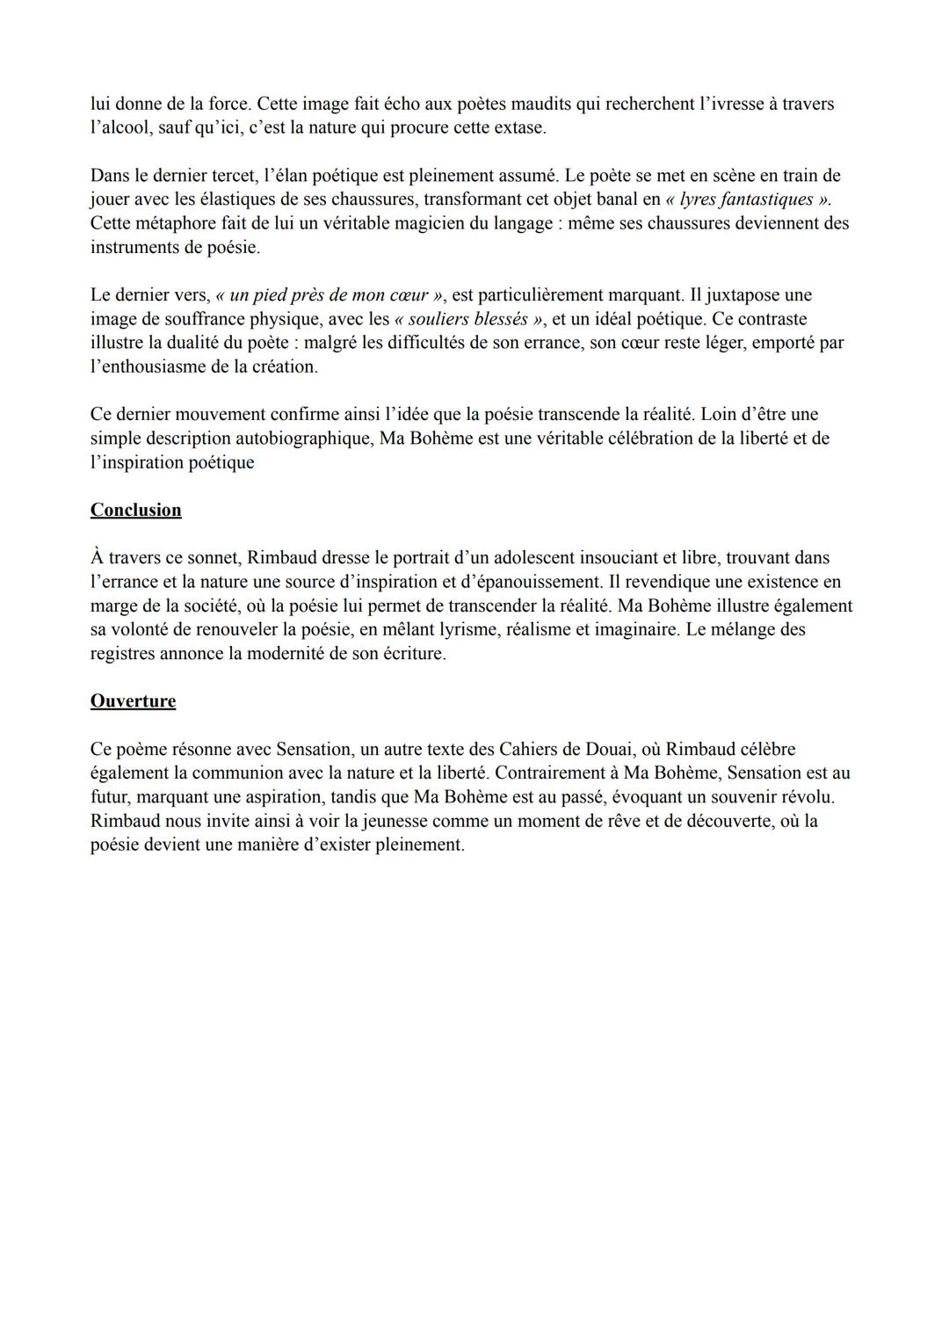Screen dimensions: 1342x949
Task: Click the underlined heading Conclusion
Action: point(135,511)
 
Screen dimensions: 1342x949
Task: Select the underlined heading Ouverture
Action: point(133,701)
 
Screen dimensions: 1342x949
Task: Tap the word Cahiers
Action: point(528,750)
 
